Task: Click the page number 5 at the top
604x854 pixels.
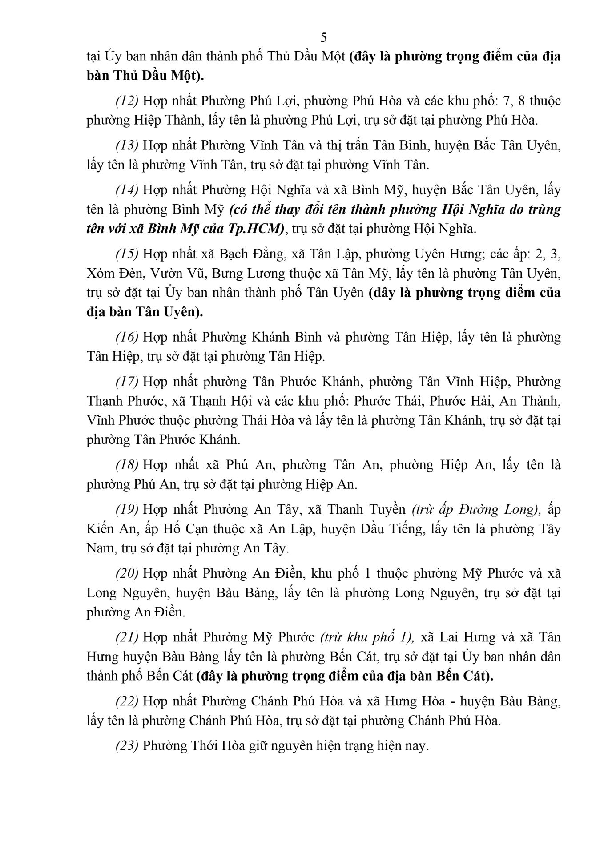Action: click(323, 37)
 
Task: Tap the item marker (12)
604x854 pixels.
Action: click(127, 101)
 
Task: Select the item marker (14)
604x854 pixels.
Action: click(127, 190)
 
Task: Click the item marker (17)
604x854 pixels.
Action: click(127, 382)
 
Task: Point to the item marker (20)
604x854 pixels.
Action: click(127, 573)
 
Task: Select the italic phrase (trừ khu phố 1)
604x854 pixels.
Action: click(367, 637)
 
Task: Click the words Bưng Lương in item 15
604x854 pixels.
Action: click(248, 274)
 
